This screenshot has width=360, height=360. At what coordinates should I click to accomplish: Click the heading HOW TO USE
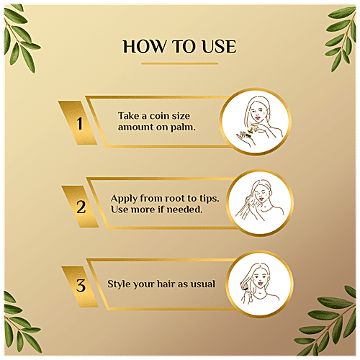pos(179,47)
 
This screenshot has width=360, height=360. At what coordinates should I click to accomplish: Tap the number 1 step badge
pos(79,121)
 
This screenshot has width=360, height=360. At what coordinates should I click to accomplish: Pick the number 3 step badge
pos(79,284)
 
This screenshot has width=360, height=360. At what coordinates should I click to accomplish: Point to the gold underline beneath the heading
pos(179,63)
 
